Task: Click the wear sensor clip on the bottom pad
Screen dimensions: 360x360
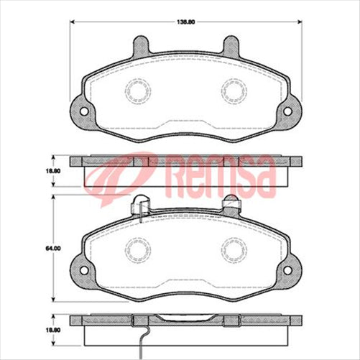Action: pyautogui.click(x=140, y=206)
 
